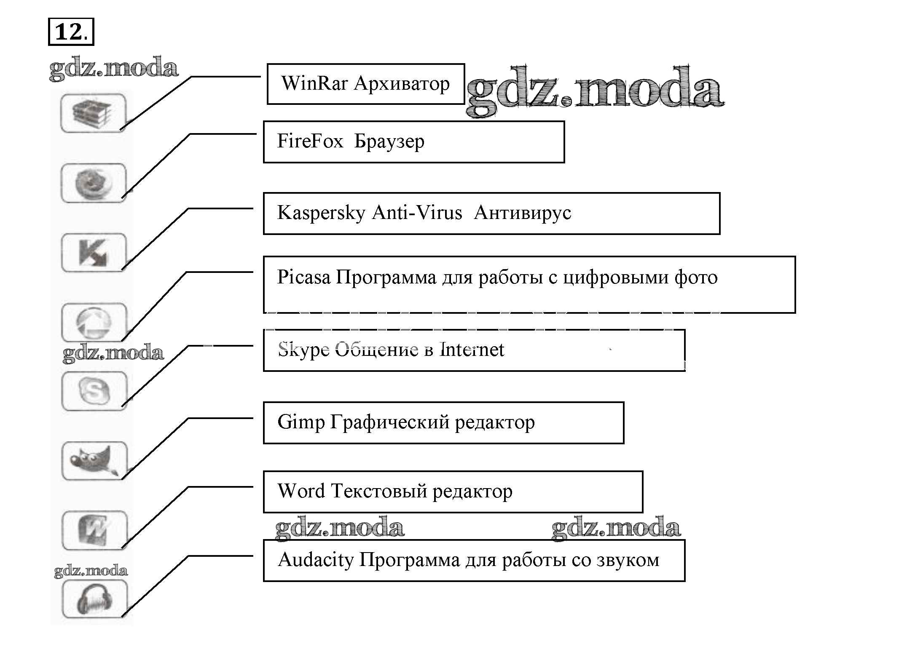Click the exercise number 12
70,32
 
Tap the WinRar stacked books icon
93,113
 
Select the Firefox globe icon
94,183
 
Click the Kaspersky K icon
94,253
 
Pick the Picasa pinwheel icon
94,323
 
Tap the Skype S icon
94,391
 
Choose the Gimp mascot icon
94,461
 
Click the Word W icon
94,530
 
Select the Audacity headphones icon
94,599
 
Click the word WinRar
314,83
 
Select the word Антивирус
522,213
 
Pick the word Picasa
303,278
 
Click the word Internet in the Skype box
472,350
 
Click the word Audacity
316,561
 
